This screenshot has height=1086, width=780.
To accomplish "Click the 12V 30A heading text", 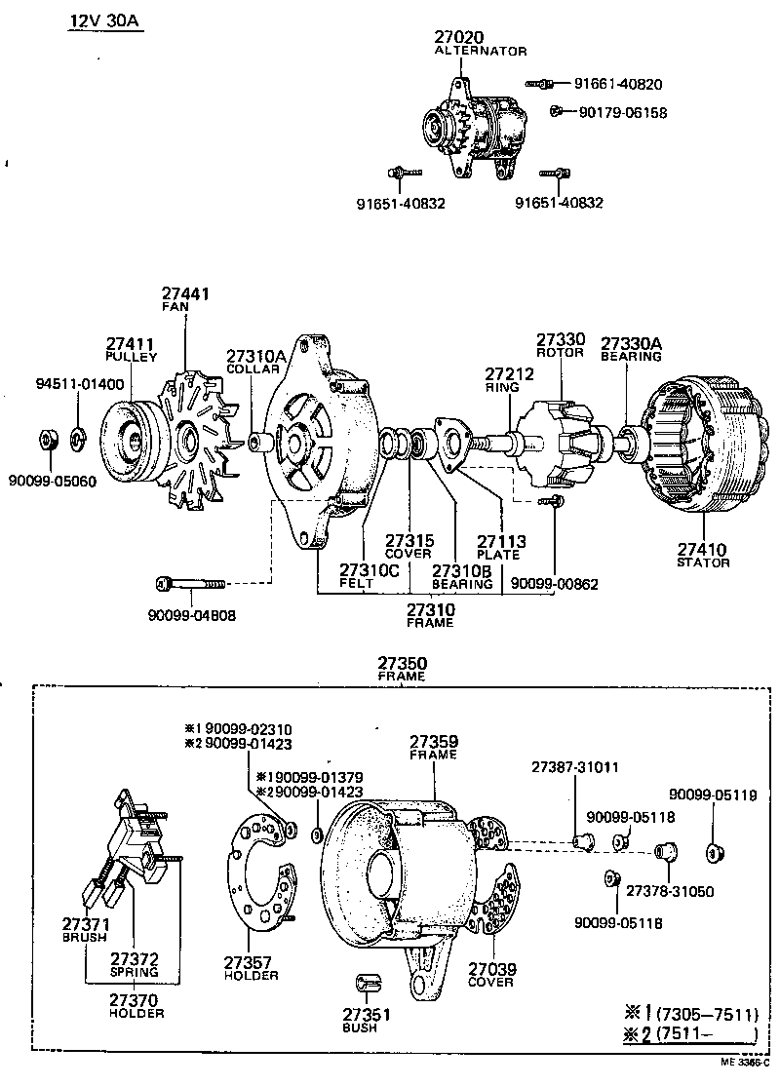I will click(x=105, y=21).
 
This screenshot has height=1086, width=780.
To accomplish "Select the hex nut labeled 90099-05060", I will click(x=49, y=440).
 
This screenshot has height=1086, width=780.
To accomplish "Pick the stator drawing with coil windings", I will click(x=696, y=443).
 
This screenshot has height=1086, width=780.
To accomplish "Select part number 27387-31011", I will click(x=574, y=768).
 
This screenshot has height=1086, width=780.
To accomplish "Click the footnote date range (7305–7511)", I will click(x=706, y=1014).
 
